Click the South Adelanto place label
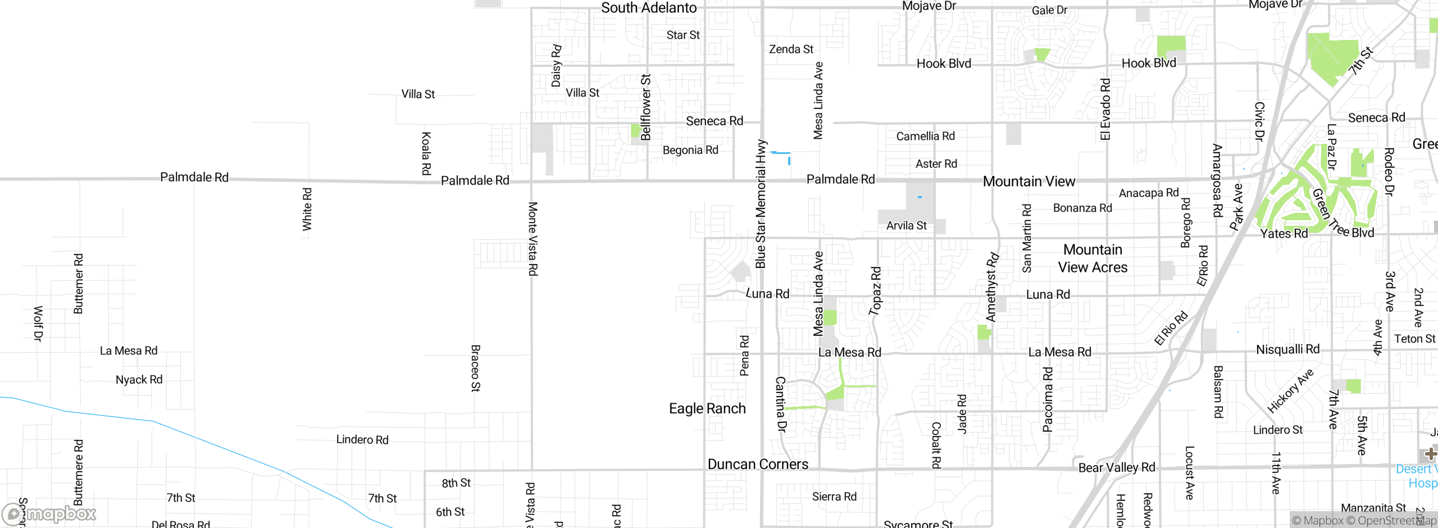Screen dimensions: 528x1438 pos(649,8)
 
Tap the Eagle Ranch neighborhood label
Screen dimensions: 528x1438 pos(707,408)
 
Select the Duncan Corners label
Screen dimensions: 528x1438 pos(758,464)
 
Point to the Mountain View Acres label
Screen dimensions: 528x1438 pos(1093,258)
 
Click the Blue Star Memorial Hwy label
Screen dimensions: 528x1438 pos(761,204)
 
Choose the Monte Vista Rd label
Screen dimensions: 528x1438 pos(533,239)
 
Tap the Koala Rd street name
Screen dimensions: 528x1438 pos(426,153)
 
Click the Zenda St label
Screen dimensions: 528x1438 pos(791,49)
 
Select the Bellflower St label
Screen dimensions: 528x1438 pos(646,107)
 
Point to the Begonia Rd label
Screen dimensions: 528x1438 pos(690,150)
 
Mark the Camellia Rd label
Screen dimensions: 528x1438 pos(925,136)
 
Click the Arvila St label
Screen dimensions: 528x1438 pos(906,226)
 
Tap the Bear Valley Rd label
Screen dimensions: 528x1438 pos(1117,467)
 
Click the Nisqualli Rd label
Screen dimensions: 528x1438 pos(1287,349)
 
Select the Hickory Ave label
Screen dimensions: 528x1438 pos(1290,391)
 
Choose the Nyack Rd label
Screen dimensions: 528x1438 pos(139,380)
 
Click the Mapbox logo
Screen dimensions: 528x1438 pos(49,514)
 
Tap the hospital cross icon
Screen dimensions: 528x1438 pos(1430,454)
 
